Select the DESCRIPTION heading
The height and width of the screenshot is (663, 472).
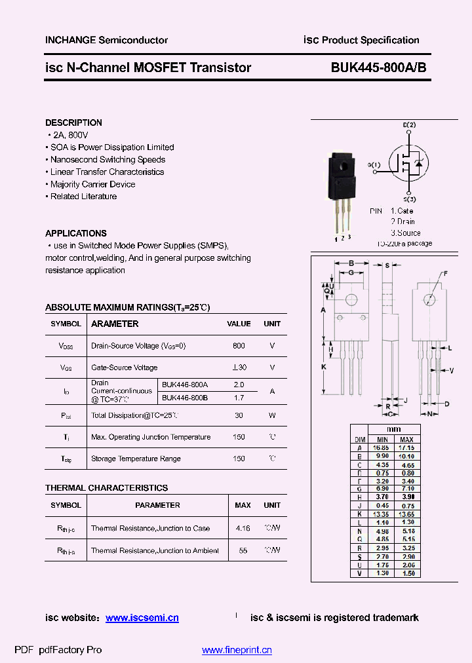click(x=73, y=123)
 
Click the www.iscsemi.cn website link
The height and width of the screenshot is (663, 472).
click(x=142, y=618)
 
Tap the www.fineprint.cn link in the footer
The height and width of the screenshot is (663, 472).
click(x=237, y=650)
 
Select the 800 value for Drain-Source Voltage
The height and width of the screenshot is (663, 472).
click(x=239, y=345)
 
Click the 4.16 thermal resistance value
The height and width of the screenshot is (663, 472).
click(x=243, y=528)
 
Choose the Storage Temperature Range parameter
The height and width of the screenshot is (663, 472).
click(x=136, y=459)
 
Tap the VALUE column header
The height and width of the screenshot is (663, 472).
click(x=239, y=324)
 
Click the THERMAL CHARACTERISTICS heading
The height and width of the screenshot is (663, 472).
click(x=106, y=487)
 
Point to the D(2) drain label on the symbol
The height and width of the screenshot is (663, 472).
click(x=409, y=124)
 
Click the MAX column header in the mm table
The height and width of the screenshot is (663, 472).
click(x=406, y=439)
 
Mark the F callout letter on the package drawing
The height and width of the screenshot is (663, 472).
click(x=445, y=273)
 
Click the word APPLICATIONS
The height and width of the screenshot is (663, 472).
click(x=75, y=233)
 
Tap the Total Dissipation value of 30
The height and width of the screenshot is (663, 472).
click(x=239, y=415)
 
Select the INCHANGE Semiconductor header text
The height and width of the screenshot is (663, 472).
click(x=106, y=40)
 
